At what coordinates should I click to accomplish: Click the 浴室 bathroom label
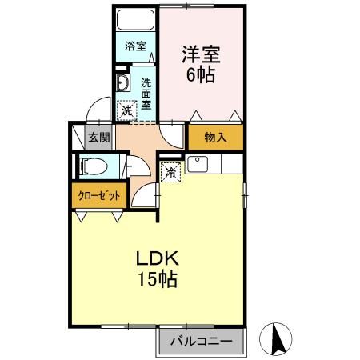tap(134, 46)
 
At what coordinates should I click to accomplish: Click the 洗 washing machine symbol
tap(126, 111)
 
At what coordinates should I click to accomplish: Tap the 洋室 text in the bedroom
tap(200, 56)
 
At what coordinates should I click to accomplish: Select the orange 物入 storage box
tap(215, 137)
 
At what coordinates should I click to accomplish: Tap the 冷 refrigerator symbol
tap(170, 170)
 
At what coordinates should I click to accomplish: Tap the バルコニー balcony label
tap(200, 342)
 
